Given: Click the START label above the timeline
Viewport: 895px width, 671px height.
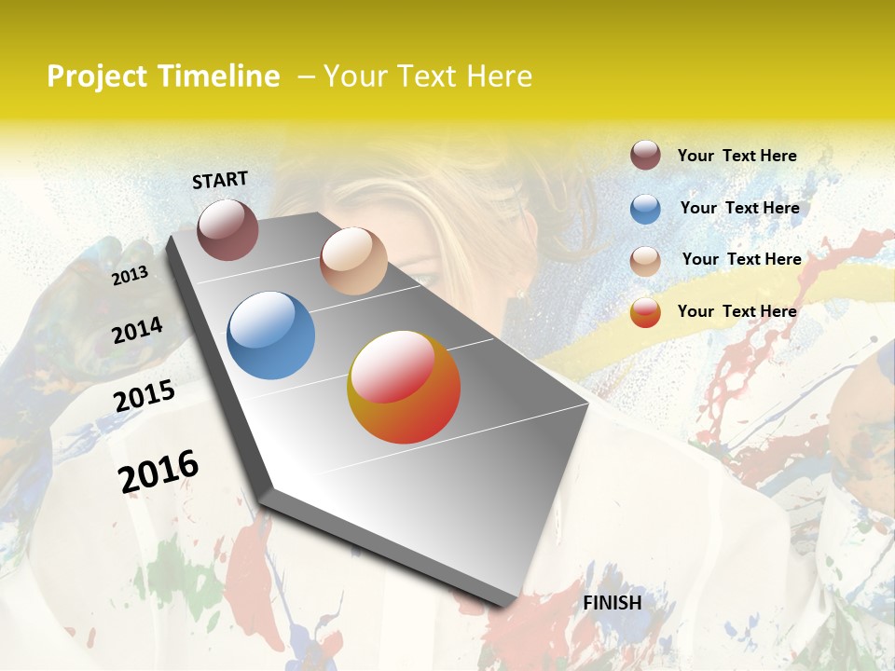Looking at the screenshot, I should click(220, 180).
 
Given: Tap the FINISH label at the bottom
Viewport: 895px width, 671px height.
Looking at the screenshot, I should click(612, 603).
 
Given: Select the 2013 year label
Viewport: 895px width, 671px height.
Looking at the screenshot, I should click(130, 275).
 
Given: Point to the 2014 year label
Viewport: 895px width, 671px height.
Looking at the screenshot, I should click(138, 330).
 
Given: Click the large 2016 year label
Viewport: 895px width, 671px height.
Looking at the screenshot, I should click(158, 471).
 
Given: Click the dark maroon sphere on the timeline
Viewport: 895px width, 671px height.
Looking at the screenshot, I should click(227, 230).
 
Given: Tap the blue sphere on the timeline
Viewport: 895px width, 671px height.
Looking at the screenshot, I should click(270, 335).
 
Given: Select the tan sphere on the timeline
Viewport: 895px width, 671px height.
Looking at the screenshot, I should click(353, 261).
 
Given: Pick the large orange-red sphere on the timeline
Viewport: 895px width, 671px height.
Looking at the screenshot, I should click(404, 387).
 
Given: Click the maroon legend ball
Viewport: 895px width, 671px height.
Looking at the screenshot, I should click(645, 156).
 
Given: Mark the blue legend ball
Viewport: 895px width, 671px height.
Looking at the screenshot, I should click(645, 209).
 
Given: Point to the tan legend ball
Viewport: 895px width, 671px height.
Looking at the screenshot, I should click(645, 260).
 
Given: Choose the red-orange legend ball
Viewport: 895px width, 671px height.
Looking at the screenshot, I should click(645, 312).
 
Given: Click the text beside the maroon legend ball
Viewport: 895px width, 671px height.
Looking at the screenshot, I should click(737, 156).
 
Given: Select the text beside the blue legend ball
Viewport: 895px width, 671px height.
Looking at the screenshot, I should click(739, 208).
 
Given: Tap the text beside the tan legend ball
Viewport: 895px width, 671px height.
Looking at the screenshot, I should click(741, 259).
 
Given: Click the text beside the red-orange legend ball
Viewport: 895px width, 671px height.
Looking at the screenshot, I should click(737, 311).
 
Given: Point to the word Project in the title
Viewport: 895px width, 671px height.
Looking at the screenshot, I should click(97, 76).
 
